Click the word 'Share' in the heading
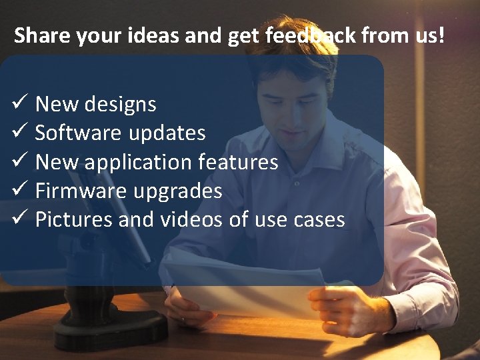point(42,35)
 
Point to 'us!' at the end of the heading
point(429,35)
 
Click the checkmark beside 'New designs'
point(19,104)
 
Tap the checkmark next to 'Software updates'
point(19,133)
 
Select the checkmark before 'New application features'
point(19,161)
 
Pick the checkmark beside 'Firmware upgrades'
point(19,191)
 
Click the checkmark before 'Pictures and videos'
point(19,219)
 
